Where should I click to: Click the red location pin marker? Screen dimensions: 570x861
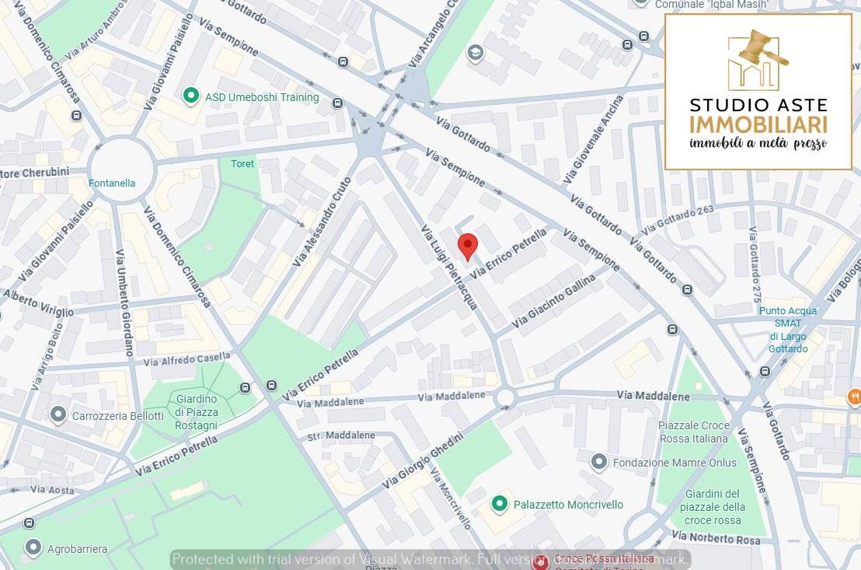coord(467,245)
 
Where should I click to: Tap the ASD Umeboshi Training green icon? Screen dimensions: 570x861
coord(190,96)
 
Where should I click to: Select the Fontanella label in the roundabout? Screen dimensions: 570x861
coord(112,184)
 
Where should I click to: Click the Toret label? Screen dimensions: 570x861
coord(242,164)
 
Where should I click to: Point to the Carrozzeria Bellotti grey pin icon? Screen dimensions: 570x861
coord(58,414)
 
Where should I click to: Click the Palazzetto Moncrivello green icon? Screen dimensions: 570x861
coord(500,504)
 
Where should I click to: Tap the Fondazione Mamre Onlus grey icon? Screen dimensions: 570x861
coord(598,462)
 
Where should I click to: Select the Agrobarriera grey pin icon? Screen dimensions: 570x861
coord(33,548)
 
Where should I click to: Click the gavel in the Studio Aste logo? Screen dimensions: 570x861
coord(758,48)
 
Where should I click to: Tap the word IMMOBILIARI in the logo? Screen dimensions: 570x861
coord(758,124)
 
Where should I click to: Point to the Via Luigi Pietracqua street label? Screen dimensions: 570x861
coord(448,268)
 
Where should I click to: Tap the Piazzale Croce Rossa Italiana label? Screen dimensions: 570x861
coord(693,432)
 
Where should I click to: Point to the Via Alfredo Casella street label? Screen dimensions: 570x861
coord(186,359)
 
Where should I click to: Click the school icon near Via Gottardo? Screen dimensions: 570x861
coord(473,53)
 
